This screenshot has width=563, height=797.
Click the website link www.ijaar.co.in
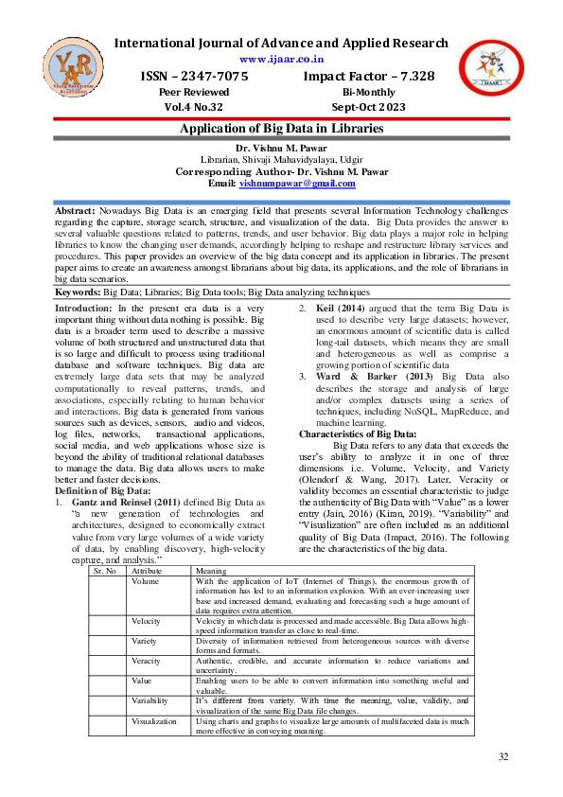(281, 59)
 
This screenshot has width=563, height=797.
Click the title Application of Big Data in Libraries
(281, 128)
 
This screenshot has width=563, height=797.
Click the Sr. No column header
(104, 573)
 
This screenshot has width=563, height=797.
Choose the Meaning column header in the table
(211, 573)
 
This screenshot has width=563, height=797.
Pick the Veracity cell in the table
(148, 661)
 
